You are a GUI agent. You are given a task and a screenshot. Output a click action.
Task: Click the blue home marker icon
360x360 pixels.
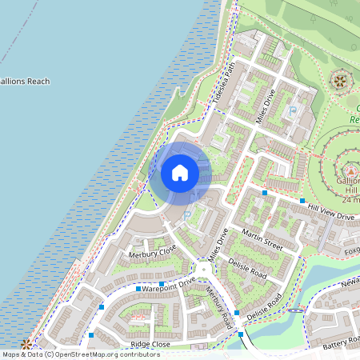tap(180, 172)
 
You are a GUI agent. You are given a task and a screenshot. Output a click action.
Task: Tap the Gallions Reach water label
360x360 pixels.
tap(25, 81)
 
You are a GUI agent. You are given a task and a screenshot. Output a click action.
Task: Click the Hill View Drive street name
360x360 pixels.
tap(331, 211)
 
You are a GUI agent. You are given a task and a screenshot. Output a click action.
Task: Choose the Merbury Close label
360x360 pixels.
tap(152, 254)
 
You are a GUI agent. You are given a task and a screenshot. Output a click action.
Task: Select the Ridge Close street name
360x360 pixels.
tap(150, 343)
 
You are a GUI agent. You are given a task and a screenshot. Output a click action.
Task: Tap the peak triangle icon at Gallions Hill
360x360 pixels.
tap(350, 170)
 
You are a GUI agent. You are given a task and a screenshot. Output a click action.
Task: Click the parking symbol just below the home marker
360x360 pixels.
tap(188, 214)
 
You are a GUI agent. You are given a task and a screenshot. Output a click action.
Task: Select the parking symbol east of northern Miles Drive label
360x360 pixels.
tap(293, 110)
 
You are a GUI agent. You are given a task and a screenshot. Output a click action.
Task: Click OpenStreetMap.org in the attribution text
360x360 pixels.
tap(93, 354)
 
